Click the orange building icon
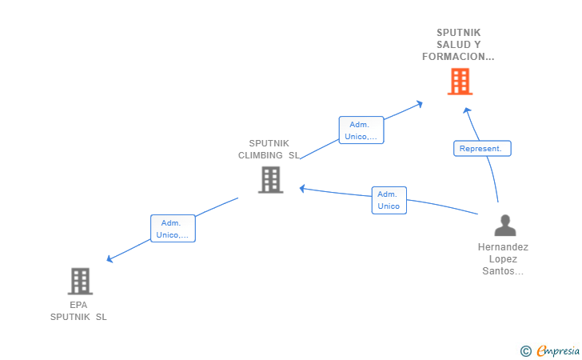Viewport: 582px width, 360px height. coord(460,82)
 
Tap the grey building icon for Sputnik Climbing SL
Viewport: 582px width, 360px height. coord(270,180)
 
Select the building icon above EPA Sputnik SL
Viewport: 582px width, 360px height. coord(80,282)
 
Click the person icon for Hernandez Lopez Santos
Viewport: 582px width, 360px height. coord(505,225)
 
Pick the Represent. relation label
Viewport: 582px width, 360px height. coord(482,148)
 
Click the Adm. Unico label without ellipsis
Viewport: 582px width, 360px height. coord(389,200)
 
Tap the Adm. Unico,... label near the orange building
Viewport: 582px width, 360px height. coord(361,130)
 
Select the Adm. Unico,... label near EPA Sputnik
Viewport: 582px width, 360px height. coord(173,229)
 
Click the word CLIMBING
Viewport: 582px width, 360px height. coord(260,155)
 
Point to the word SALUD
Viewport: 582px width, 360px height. coord(449,45)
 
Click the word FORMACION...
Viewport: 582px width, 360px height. coord(453,57)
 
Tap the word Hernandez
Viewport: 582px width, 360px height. coord(503,247)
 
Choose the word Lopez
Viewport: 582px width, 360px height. coord(503,259)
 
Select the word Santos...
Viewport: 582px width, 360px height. coord(498,271)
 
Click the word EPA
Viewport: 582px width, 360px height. coord(78,305)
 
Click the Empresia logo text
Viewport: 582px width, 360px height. coord(558,350)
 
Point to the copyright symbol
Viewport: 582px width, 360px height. coord(525,351)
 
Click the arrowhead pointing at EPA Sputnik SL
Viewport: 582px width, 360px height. coord(110,258)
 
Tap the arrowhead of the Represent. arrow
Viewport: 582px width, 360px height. coord(467,110)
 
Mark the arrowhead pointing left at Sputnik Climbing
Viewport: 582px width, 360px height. coord(302,189)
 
